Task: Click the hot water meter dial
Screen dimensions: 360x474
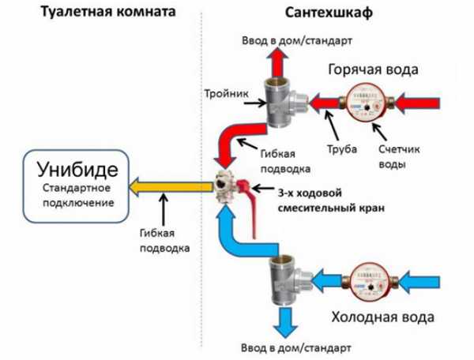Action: click(x=364, y=103)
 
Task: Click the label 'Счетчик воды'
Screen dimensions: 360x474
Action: click(x=393, y=157)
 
